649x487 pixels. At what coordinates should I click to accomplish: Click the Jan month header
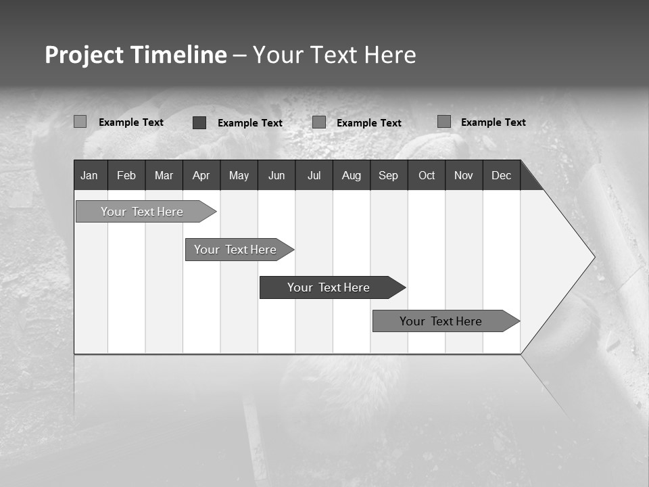click(x=89, y=175)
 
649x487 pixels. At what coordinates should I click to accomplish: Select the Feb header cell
click(x=126, y=175)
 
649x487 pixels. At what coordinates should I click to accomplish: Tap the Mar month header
click(x=164, y=175)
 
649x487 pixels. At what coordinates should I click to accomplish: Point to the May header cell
click(x=239, y=175)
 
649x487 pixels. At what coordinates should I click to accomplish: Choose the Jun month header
click(x=277, y=175)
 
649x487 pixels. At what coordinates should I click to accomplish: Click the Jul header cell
click(x=314, y=175)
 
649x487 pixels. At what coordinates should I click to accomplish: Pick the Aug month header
click(x=352, y=175)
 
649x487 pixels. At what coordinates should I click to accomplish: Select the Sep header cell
click(x=389, y=175)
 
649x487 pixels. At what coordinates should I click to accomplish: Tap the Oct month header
click(x=427, y=175)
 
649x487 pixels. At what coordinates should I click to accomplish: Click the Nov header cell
click(x=464, y=175)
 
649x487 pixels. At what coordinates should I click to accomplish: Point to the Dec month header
click(x=502, y=175)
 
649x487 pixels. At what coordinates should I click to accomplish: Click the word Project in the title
click(x=84, y=55)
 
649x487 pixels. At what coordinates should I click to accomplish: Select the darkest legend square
click(x=199, y=122)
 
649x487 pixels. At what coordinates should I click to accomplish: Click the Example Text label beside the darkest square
click(x=250, y=123)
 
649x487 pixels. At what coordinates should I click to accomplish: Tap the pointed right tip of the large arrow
click(x=593, y=257)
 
